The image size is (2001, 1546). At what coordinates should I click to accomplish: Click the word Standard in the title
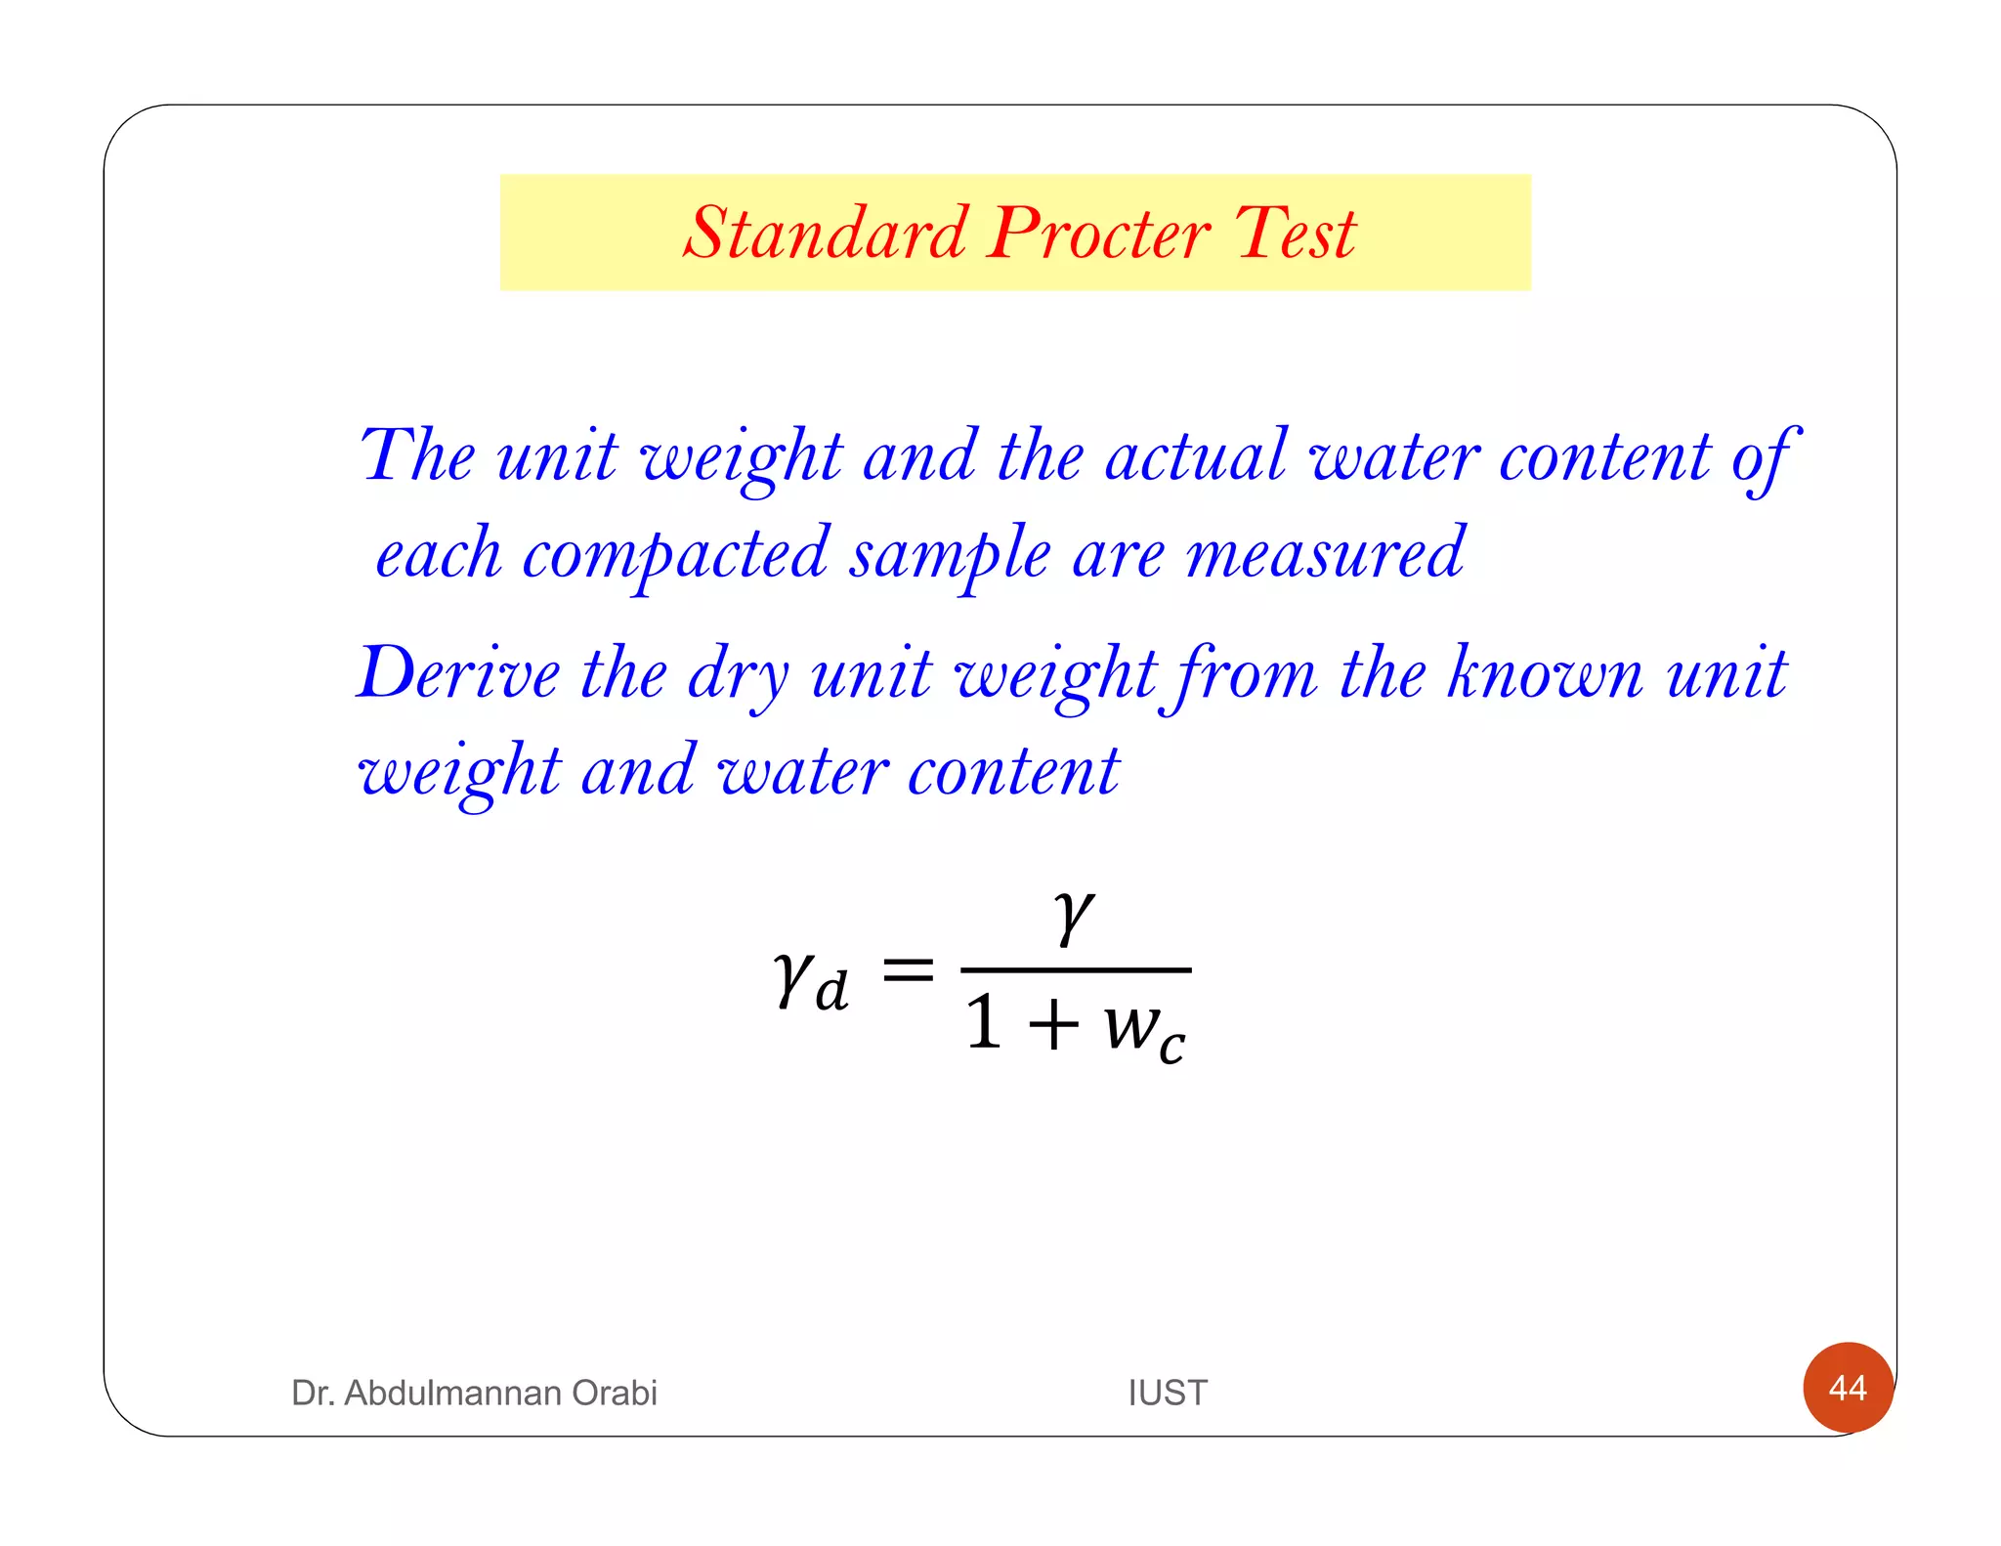pyautogui.click(x=826, y=234)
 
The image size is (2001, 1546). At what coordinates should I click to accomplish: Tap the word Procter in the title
pyautogui.click(x=1099, y=234)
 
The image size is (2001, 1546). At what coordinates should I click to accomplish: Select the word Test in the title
pyautogui.click(x=1296, y=234)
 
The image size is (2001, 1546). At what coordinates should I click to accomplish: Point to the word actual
pyautogui.click(x=1196, y=455)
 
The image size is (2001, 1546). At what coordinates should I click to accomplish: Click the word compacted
pyautogui.click(x=675, y=554)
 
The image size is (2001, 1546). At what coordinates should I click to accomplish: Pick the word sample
pyautogui.click(x=949, y=554)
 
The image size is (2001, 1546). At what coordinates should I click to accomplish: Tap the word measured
pyautogui.click(x=1325, y=554)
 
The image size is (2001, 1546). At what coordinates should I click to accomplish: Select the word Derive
pyautogui.click(x=458, y=673)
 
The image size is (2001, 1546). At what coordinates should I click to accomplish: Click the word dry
pyautogui.click(x=739, y=675)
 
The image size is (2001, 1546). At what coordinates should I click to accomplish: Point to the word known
pyautogui.click(x=1545, y=673)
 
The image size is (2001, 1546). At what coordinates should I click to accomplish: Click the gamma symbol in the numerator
pyautogui.click(x=1074, y=916)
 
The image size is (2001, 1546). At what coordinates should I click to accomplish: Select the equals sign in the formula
pyautogui.click(x=908, y=971)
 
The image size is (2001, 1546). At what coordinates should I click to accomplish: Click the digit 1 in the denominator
pyautogui.click(x=984, y=1023)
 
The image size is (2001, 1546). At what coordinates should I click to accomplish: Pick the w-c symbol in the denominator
pyautogui.click(x=1144, y=1031)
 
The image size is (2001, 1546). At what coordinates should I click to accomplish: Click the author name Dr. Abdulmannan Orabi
pyautogui.click(x=474, y=1393)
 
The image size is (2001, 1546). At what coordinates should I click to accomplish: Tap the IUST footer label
pyautogui.click(x=1168, y=1393)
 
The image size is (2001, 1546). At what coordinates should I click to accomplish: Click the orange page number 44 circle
pyautogui.click(x=1848, y=1388)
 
